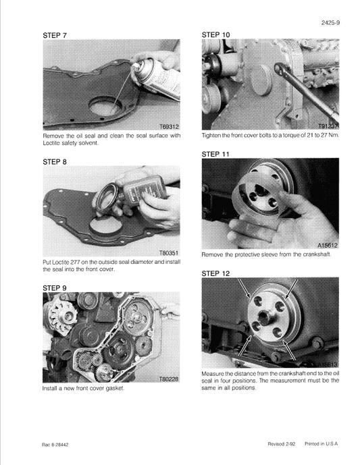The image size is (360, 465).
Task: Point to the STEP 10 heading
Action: click(216, 34)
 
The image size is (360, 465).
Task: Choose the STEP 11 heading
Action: click(216, 154)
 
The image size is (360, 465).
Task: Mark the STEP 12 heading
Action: click(216, 273)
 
